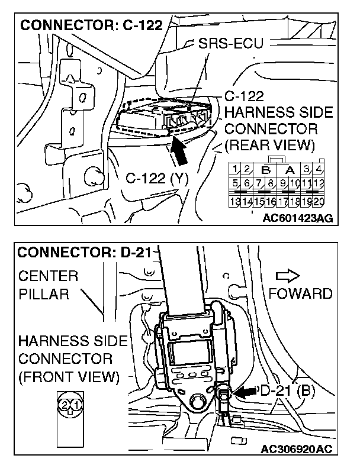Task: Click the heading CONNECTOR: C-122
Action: (x=91, y=26)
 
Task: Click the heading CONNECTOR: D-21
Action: (x=83, y=253)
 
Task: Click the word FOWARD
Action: (x=300, y=293)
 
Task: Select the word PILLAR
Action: (x=43, y=294)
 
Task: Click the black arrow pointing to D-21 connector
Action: (x=242, y=391)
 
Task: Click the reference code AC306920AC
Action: (x=297, y=450)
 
